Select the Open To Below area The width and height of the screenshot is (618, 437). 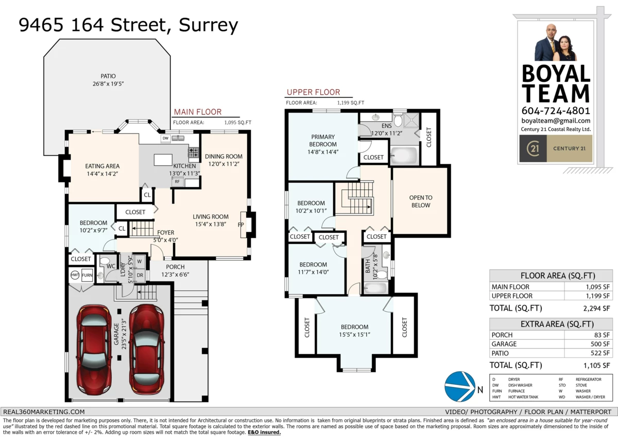420,201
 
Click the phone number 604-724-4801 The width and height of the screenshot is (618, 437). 555,111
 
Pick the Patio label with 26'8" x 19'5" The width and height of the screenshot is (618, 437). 108,79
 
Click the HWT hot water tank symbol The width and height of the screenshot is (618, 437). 75,275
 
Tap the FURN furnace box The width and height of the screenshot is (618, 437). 87,275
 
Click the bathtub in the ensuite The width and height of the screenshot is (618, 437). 403,155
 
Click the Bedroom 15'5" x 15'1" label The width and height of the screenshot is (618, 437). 354,330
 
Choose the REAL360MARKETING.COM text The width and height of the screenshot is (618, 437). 44,412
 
